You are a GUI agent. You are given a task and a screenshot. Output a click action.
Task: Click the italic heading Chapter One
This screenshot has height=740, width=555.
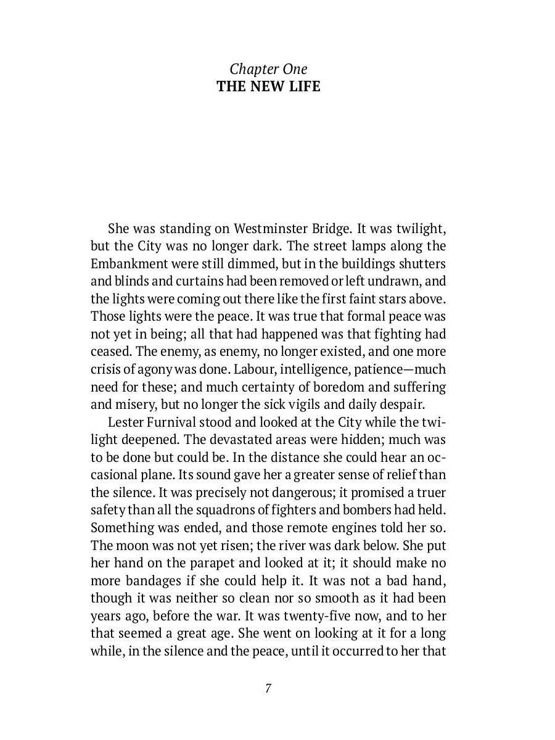tap(268, 69)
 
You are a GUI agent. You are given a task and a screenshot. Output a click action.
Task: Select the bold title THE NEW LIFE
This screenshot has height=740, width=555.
tap(268, 86)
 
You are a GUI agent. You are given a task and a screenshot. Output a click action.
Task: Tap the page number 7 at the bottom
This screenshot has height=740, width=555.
tap(268, 688)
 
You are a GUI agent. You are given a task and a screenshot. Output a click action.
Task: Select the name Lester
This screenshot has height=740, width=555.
tap(126, 422)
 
